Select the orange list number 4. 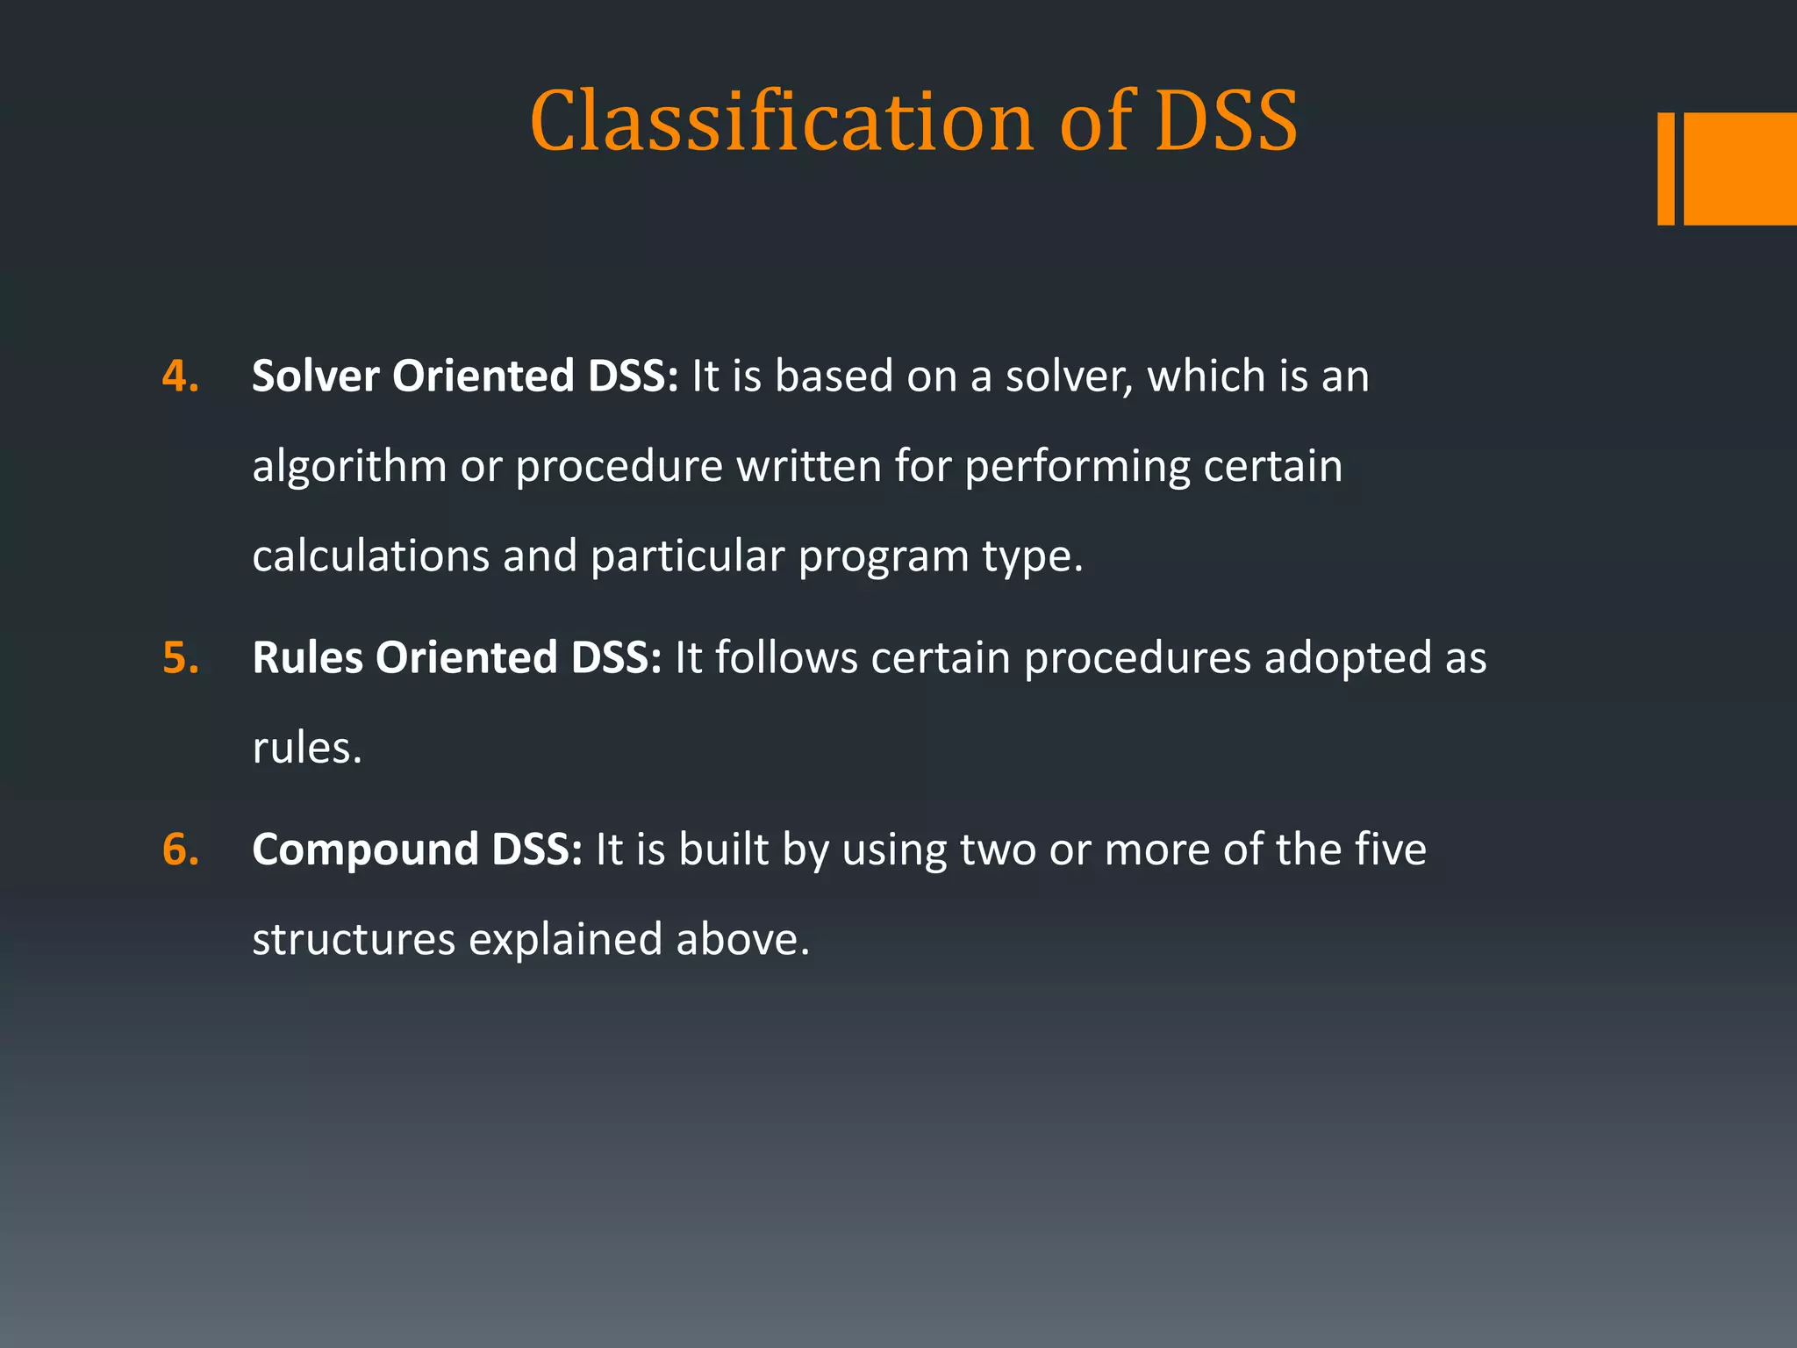(x=180, y=376)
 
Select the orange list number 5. (x=180, y=658)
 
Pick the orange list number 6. (x=180, y=850)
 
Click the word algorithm (x=349, y=467)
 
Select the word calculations (x=370, y=556)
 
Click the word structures (x=354, y=940)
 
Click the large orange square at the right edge (x=1740, y=168)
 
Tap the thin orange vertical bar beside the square (x=1665, y=168)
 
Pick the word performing (x=1077, y=468)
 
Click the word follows (x=786, y=658)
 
